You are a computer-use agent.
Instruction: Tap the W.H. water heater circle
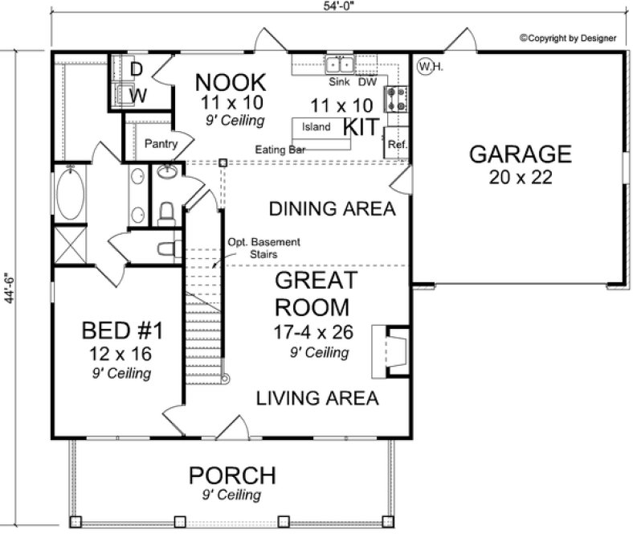pyautogui.click(x=426, y=64)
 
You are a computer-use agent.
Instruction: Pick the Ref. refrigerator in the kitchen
pyautogui.click(x=397, y=145)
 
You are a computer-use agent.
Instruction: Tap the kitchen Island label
pyautogui.click(x=316, y=126)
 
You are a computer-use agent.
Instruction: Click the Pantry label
pyautogui.click(x=159, y=143)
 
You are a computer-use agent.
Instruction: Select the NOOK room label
pyautogui.click(x=231, y=82)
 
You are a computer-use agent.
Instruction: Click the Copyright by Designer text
pyautogui.click(x=567, y=38)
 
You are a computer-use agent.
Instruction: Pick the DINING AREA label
pyautogui.click(x=332, y=210)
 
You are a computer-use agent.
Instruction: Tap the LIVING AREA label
pyautogui.click(x=317, y=398)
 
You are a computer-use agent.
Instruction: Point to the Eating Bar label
pyautogui.click(x=277, y=150)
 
